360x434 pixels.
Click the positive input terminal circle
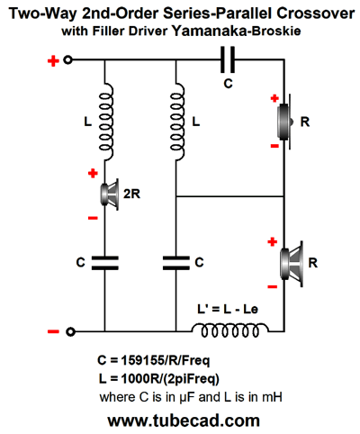coord(68,60)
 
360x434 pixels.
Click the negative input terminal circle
coord(70,331)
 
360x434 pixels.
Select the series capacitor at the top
coord(228,59)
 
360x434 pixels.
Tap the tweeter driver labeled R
coord(284,122)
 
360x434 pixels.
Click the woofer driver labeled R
coord(292,264)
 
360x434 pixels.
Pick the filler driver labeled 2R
coord(109,194)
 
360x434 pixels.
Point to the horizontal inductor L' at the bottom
coord(230,330)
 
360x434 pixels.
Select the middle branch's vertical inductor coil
coord(177,122)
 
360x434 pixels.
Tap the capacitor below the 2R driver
coord(104,263)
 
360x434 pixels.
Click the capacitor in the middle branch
coord(176,263)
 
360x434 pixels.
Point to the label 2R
coord(131,194)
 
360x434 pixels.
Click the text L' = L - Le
coord(228,309)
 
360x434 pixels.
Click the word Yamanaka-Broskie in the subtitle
coord(236,31)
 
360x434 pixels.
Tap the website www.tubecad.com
coord(184,420)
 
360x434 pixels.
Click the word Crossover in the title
coord(316,14)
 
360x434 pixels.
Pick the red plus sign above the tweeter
coord(274,98)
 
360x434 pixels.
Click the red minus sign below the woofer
coord(273,287)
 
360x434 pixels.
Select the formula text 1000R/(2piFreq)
coord(170,379)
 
